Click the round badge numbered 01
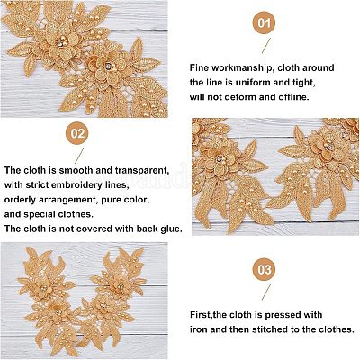tap(265, 22)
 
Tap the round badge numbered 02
tap(77, 133)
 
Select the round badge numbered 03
tap(265, 269)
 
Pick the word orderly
tap(20, 200)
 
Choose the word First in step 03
tap(200, 315)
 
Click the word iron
tap(199, 329)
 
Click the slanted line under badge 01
tap(266, 46)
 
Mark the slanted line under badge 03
tap(266, 292)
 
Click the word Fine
tap(199, 68)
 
